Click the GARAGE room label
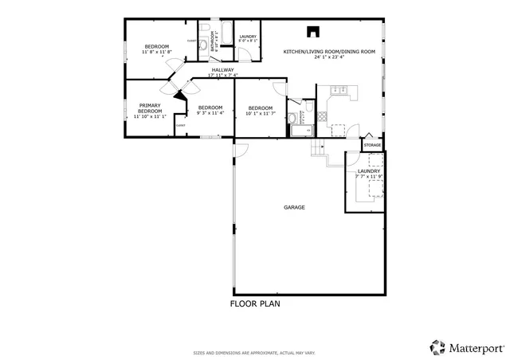(x=294, y=207)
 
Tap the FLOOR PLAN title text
(x=255, y=303)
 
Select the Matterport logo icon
(x=437, y=346)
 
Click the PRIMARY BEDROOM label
(x=150, y=108)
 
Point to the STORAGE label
(x=372, y=146)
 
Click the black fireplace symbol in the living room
(x=313, y=33)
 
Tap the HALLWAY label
(x=222, y=70)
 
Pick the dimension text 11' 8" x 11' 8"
(x=156, y=53)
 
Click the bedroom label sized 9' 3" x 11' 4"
(x=210, y=108)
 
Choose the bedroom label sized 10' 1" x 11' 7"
(x=261, y=108)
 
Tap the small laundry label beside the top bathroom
(x=247, y=36)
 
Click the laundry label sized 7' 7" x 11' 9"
(x=368, y=171)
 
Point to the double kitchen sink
(x=334, y=92)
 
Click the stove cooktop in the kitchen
(x=320, y=116)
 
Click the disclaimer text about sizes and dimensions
(x=255, y=352)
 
